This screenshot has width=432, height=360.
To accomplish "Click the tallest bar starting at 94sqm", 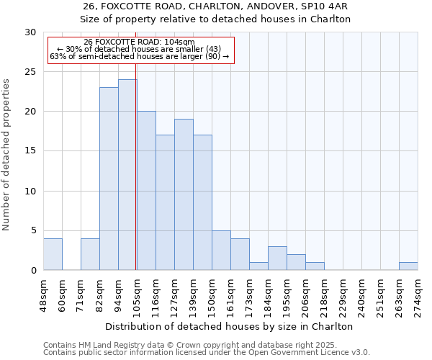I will click(127, 175).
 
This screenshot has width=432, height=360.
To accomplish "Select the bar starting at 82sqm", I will click(109, 179).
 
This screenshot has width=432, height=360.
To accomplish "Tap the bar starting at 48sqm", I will click(53, 254).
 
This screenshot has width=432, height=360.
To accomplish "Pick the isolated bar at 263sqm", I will click(408, 266).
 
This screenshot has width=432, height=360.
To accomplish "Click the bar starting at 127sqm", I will click(184, 194).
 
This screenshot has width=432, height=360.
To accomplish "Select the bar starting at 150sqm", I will click(221, 250).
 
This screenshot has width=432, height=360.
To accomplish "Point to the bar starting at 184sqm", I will click(277, 258).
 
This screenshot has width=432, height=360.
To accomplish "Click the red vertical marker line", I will click(136, 166).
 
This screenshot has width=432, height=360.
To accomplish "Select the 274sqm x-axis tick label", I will click(418, 294).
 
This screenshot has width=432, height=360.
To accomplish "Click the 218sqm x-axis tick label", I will click(324, 294).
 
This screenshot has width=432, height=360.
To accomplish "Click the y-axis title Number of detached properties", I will click(6, 155).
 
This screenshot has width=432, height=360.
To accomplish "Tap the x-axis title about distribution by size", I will click(230, 326).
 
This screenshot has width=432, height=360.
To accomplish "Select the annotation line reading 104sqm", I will click(139, 42).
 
